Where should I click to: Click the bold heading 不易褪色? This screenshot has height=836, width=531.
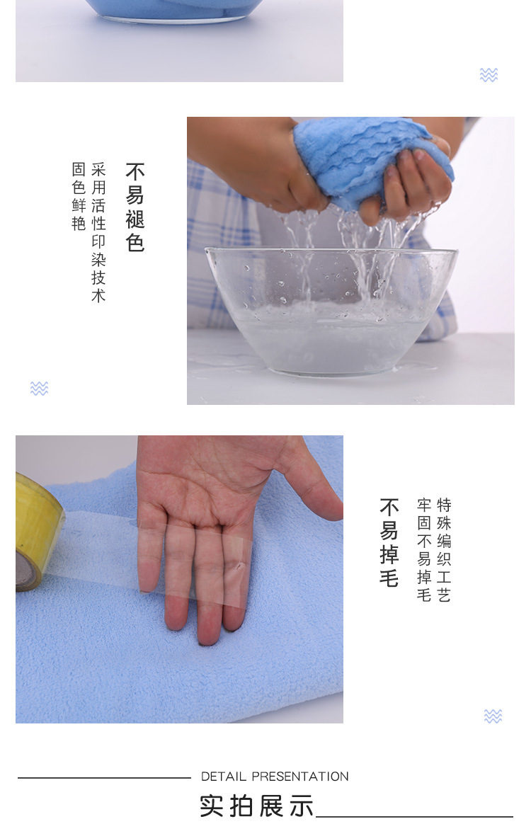click(x=135, y=207)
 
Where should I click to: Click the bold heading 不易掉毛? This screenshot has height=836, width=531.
click(x=389, y=543)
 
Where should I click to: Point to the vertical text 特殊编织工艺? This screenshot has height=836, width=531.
click(x=444, y=550)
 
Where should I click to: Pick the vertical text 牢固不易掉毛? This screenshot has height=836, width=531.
click(x=424, y=550)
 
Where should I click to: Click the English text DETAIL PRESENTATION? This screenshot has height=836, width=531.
click(x=275, y=777)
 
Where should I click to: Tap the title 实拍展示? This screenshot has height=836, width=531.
click(x=256, y=806)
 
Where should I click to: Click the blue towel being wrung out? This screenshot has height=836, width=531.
click(x=368, y=159)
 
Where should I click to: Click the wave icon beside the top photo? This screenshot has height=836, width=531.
click(x=489, y=75)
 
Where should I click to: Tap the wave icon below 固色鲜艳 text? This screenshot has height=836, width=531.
click(x=39, y=388)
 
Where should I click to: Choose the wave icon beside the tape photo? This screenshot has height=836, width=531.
click(x=493, y=716)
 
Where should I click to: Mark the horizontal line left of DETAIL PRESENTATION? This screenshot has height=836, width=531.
click(x=104, y=778)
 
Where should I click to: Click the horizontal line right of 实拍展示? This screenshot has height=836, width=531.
click(x=414, y=817)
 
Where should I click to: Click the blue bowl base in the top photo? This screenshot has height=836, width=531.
click(x=181, y=11)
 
